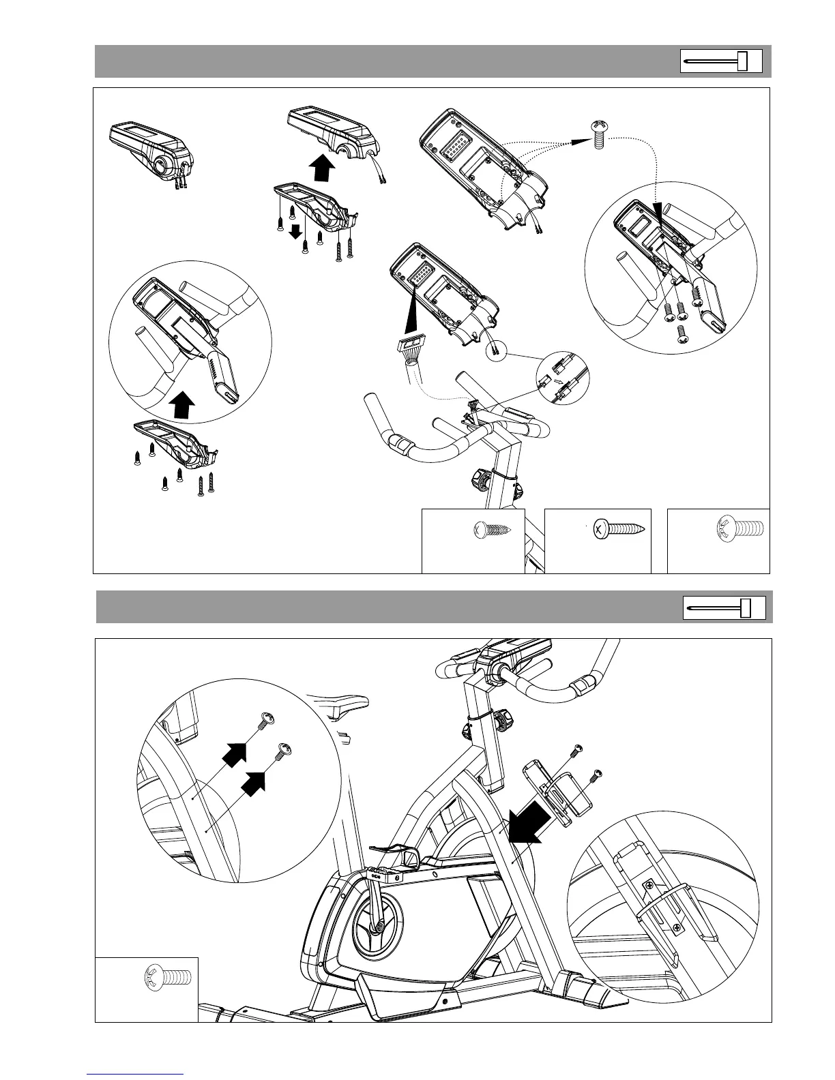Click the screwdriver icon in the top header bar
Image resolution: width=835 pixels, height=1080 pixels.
pyautogui.click(x=722, y=61)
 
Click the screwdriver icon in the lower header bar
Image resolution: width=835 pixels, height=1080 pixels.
pyautogui.click(x=724, y=607)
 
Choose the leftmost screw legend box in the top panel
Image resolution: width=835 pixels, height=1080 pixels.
pyautogui.click(x=473, y=541)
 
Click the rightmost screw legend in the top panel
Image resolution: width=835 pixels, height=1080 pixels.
pyautogui.click(x=718, y=541)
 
